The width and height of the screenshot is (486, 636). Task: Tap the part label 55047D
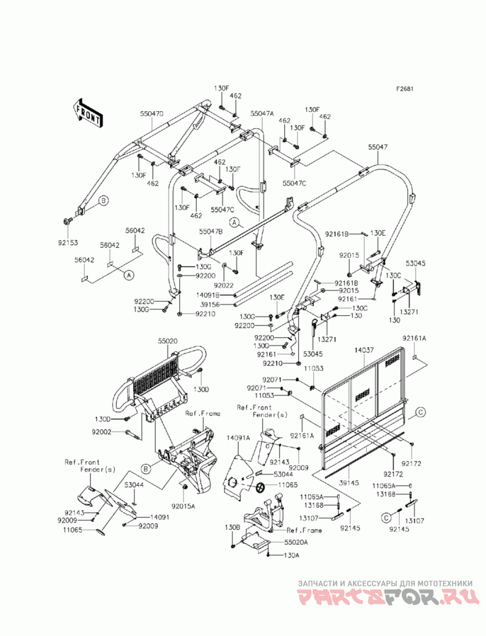[x=152, y=114]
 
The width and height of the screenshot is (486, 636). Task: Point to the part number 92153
[x=68, y=242]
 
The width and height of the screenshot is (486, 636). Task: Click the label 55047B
[x=211, y=231]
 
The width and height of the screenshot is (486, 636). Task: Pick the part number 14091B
[x=207, y=295]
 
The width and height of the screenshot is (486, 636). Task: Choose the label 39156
[x=211, y=305]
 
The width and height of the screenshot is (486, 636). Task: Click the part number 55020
[x=168, y=341]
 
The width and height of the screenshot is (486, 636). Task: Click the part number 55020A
[x=296, y=542]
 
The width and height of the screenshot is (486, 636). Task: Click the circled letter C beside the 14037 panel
[x=420, y=412]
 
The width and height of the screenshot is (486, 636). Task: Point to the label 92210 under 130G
[x=206, y=314]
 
